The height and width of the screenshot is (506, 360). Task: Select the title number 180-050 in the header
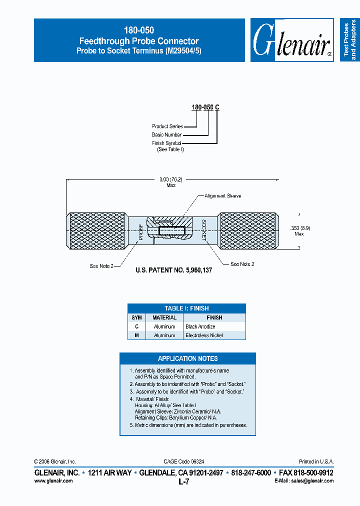click(139, 30)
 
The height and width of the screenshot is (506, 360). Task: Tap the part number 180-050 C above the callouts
click(205, 107)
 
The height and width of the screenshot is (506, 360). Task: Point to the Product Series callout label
click(167, 126)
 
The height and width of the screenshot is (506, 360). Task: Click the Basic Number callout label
click(166, 135)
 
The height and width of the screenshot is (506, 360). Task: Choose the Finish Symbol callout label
click(166, 143)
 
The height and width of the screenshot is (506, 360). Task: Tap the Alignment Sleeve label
click(223, 196)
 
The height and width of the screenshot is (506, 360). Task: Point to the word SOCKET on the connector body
click(204, 230)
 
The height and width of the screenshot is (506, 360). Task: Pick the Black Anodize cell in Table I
click(200, 326)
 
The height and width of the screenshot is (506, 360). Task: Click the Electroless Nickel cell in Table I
click(204, 335)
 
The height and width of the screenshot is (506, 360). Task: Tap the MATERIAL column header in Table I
click(164, 317)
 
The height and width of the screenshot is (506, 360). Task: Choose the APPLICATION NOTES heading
click(187, 358)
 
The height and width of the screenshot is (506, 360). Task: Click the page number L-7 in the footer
click(183, 482)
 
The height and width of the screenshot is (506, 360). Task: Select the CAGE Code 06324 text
click(183, 461)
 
